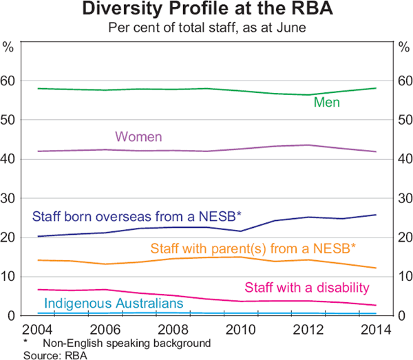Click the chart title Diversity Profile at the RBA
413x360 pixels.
pyautogui.click(x=207, y=10)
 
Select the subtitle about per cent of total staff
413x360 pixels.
pyautogui.click(x=207, y=29)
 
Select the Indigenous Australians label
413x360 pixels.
pyautogui.click(x=114, y=303)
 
